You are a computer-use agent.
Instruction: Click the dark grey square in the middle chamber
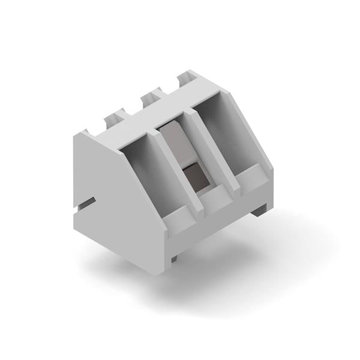tap(193, 176)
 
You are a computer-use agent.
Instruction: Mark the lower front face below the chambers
tap(222, 225)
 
